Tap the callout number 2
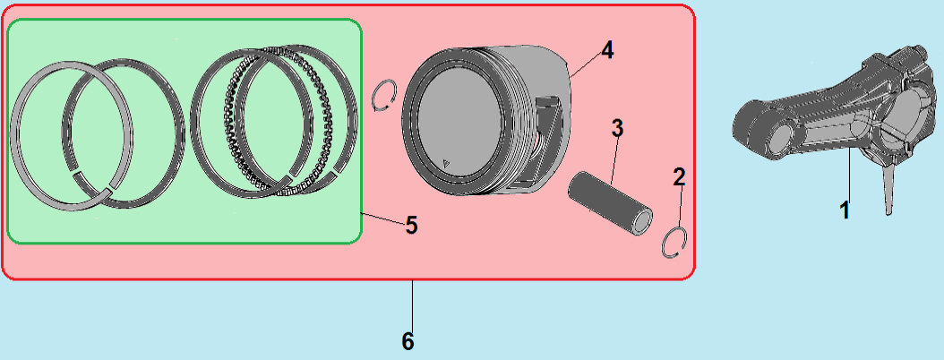(679, 176)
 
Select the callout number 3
(617, 127)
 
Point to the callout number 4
(607, 50)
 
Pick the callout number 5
(411, 224)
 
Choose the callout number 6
(408, 341)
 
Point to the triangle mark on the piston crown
(446, 162)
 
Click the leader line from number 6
(412, 304)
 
